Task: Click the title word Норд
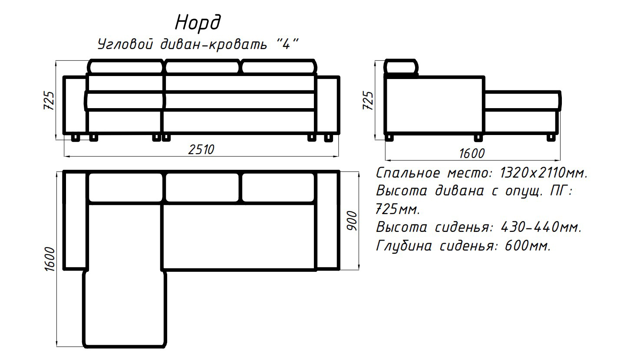[198, 23]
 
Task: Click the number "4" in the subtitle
[285, 44]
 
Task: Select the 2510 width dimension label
[201, 149]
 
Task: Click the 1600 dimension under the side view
[472, 153]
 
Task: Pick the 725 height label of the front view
[49, 101]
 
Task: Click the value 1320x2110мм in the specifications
[544, 173]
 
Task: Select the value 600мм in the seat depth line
[528, 246]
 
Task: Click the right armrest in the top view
[328, 220]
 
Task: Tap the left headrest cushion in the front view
[126, 67]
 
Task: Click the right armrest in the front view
[328, 105]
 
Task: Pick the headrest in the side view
[402, 68]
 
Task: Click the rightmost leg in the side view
[551, 137]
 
